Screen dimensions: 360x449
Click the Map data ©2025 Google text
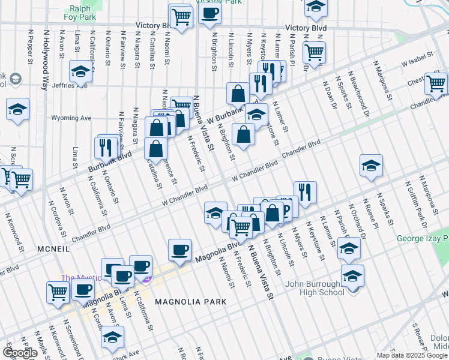pyautogui.click(x=412, y=355)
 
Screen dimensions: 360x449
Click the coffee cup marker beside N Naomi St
pyautogui.click(x=180, y=249)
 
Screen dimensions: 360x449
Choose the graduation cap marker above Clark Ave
pyautogui.click(x=112, y=337)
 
